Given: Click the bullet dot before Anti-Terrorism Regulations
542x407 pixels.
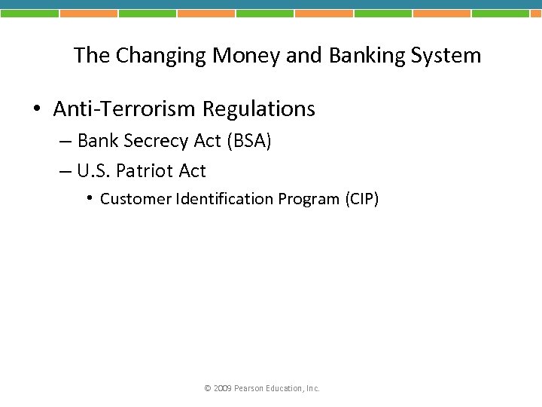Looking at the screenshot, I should (x=37, y=110).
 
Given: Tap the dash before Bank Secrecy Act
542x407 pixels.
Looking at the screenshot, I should (x=65, y=142).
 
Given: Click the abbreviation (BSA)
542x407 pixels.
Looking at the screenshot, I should (x=248, y=141).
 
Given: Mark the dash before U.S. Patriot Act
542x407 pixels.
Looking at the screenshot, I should (x=65, y=172).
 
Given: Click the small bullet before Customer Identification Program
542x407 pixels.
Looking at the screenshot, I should (x=89, y=198).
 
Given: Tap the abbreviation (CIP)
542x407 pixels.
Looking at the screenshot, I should (x=362, y=199).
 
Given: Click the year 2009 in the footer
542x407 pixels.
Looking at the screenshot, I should (x=222, y=389).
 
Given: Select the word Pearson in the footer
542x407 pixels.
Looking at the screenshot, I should (x=248, y=389).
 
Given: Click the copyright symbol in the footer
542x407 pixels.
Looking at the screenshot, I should (x=208, y=389).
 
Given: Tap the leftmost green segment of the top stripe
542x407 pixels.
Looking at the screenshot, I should (x=29, y=13).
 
